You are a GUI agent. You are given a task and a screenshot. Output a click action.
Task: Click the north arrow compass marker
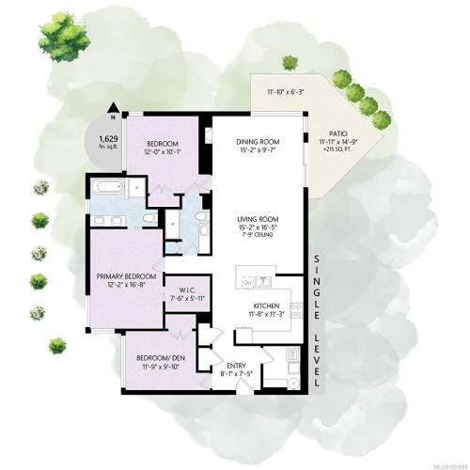[112, 110]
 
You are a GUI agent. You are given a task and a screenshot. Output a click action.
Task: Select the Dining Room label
[258, 141]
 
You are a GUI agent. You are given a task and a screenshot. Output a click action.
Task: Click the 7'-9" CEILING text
[258, 235]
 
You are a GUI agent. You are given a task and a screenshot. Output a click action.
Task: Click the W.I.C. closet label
[182, 290]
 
